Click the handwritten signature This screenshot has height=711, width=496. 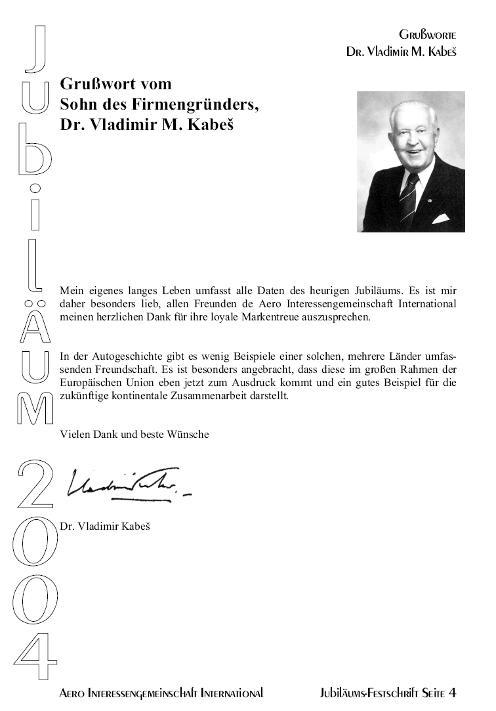click(125, 486)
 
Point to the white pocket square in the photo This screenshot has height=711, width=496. click(440, 219)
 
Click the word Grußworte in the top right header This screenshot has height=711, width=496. click(427, 34)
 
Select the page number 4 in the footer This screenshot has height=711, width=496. click(452, 693)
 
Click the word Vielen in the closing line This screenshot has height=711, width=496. click(73, 434)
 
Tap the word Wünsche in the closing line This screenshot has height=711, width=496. click(190, 434)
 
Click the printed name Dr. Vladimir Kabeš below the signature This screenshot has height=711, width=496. click(105, 526)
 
